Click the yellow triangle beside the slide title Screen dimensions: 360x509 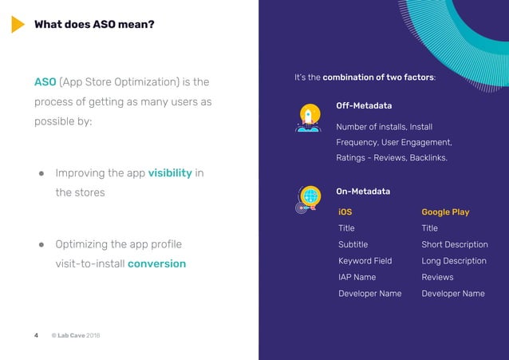click(17, 25)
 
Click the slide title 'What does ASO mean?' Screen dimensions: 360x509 click(94, 25)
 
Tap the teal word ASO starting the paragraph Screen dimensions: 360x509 click(45, 82)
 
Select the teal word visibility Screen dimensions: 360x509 click(170, 173)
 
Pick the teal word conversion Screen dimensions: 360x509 click(156, 263)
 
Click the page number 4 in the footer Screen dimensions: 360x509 click(36, 335)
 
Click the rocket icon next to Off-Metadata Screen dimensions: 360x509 click(308, 117)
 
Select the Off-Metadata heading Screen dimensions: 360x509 click(364, 106)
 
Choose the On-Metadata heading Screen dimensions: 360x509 click(363, 192)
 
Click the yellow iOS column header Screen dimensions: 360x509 click(345, 212)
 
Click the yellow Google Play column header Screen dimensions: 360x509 click(445, 212)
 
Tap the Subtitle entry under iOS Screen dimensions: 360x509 click(353, 244)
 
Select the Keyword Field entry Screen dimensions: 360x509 click(365, 261)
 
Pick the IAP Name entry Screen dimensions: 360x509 click(357, 277)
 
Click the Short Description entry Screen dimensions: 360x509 click(454, 244)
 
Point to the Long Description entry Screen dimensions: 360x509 click(453, 261)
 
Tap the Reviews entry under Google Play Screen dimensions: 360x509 click(437, 277)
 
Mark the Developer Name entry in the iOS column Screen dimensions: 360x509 click(369, 294)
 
